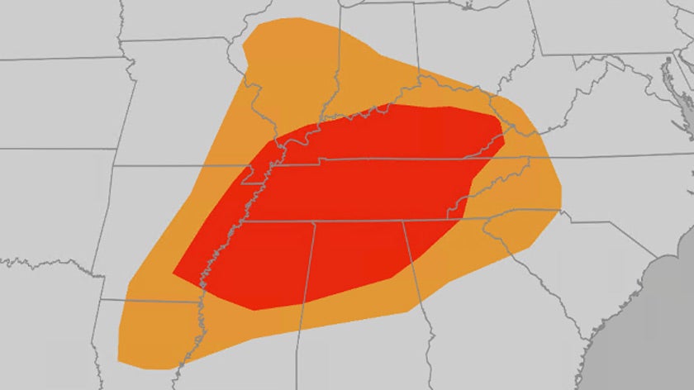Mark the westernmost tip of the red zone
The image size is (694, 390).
[173, 273]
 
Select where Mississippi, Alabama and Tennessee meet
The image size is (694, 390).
[313, 222]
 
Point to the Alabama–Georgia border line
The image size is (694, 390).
[417, 281]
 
